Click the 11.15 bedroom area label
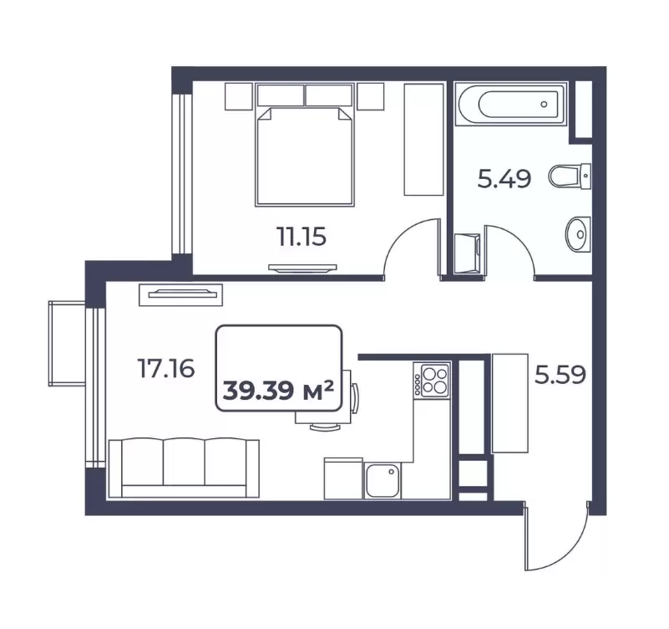pyautogui.click(x=302, y=237)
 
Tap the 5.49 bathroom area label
pyautogui.click(x=504, y=179)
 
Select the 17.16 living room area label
pyautogui.click(x=166, y=368)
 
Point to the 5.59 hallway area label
pyautogui.click(x=560, y=376)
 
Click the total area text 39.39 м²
pyautogui.click(x=278, y=390)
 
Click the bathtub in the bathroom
pyautogui.click(x=510, y=104)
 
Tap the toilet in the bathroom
pyautogui.click(x=570, y=176)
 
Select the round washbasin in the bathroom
pyautogui.click(x=578, y=233)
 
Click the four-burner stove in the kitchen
pyautogui.click(x=435, y=381)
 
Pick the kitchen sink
pyautogui.click(x=383, y=481)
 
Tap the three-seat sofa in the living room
pyautogui.click(x=184, y=468)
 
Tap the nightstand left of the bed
pyautogui.click(x=239, y=97)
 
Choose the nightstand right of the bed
pyautogui.click(x=370, y=96)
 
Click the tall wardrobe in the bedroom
pyautogui.click(x=423, y=140)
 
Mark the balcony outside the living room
pyautogui.click(x=67, y=344)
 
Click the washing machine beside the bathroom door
pyautogui.click(x=467, y=253)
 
